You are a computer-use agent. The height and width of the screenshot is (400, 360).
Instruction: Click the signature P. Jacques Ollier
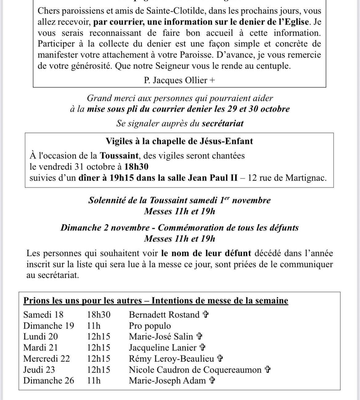(179, 80)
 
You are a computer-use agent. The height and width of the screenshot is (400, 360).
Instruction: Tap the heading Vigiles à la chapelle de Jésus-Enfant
(179, 141)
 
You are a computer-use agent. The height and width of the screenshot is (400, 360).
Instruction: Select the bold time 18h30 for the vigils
(136, 167)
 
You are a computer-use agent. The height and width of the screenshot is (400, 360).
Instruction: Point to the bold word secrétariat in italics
(222, 123)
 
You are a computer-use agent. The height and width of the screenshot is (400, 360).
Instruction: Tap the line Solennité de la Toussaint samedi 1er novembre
(179, 200)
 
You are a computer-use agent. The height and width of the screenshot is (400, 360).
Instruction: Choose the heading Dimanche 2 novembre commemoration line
(179, 228)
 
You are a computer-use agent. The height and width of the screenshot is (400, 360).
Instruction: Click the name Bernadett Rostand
(164, 314)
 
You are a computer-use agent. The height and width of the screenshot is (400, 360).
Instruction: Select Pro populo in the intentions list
(150, 326)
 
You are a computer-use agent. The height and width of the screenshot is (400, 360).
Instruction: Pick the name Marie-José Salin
(161, 337)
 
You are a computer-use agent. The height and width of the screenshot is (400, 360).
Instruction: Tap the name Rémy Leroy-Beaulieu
(171, 359)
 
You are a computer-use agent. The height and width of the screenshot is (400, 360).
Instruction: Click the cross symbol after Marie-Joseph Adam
(212, 381)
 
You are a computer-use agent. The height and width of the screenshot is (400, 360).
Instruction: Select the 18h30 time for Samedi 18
(99, 314)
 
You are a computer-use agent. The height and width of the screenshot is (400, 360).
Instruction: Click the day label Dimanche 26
(49, 381)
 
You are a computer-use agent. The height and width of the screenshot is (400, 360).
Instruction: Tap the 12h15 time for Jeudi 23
(99, 370)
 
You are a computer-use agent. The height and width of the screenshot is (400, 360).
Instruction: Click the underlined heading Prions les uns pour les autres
(82, 301)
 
